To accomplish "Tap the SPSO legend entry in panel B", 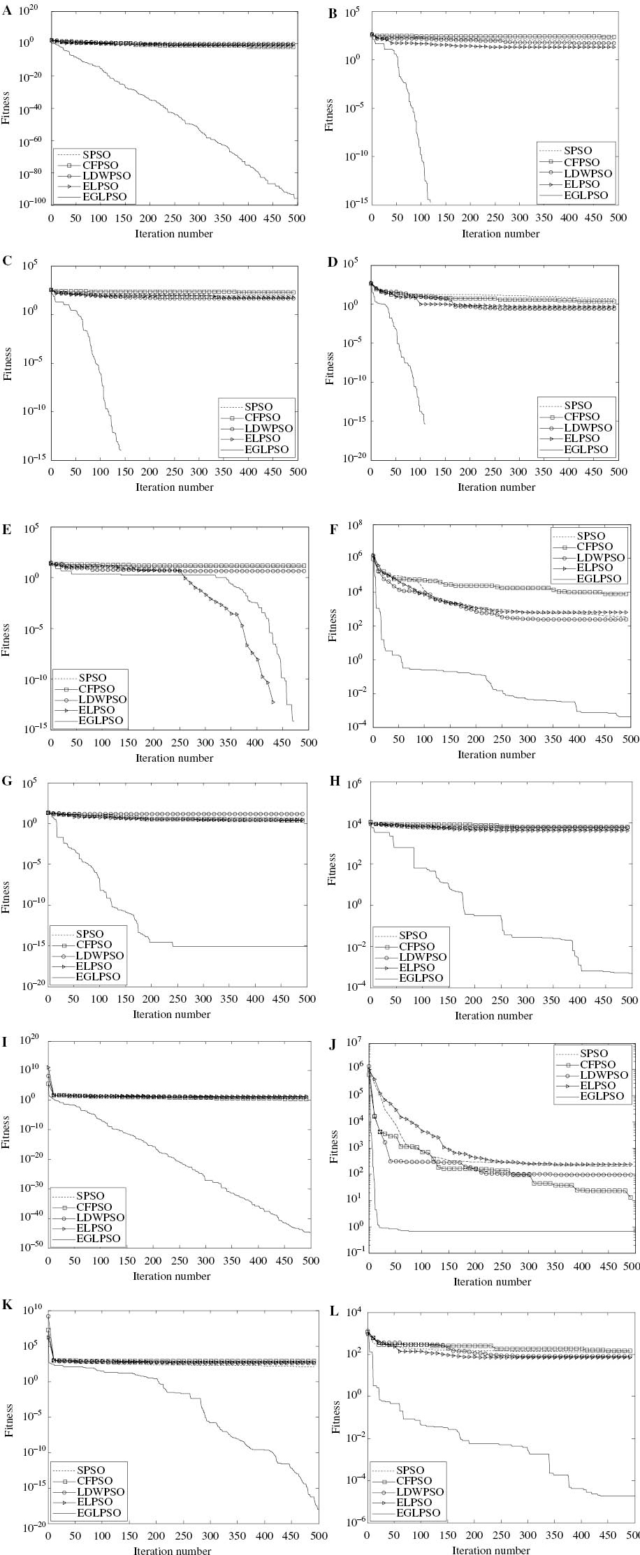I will pyautogui.click(x=577, y=151).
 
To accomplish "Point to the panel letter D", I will pyautogui.click(x=333, y=263).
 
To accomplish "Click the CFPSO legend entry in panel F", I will pyautogui.click(x=594, y=547).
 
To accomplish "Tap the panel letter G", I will pyautogui.click(x=7, y=781).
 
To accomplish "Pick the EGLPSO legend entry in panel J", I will pyautogui.click(x=599, y=1096).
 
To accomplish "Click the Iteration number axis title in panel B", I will pyautogui.click(x=500, y=233).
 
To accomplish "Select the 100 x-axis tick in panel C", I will pyautogui.click(x=100, y=471).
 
